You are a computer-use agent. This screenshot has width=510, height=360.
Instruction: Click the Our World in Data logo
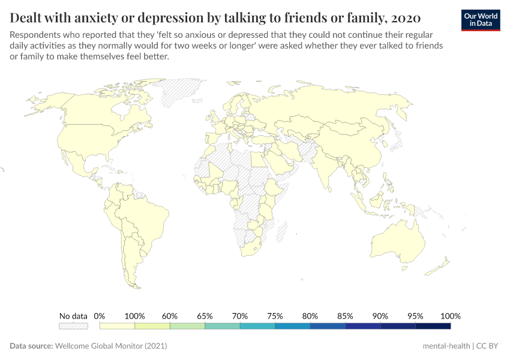[480, 20]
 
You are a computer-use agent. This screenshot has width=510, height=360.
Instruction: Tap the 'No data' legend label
[73, 316]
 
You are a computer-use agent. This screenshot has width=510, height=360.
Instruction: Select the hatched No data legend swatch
[73, 326]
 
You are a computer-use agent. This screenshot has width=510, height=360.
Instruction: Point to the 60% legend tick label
[170, 316]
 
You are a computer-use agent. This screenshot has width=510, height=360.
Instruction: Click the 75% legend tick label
[275, 316]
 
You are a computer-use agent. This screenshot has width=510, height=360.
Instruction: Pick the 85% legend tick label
[345, 316]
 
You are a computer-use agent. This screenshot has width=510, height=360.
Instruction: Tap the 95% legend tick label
[415, 316]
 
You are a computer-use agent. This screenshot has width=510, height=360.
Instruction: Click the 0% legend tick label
[100, 316]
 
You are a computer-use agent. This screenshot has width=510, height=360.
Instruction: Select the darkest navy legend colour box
[433, 326]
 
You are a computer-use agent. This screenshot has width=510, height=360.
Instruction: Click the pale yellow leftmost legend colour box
[117, 326]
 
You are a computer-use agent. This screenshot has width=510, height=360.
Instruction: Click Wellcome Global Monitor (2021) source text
[110, 346]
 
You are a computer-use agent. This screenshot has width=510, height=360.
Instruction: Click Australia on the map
[399, 240]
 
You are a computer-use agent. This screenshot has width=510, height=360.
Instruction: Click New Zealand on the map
[442, 264]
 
